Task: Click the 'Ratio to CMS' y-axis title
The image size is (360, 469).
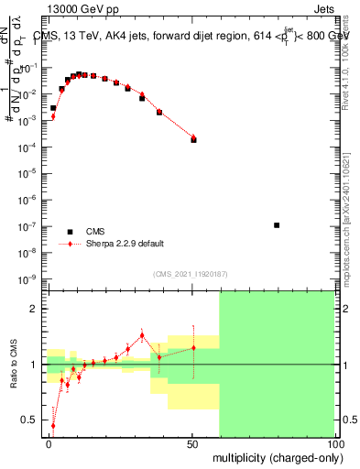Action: pyautogui.click(x=14, y=364)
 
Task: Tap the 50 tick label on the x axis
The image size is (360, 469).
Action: pyautogui.click(x=193, y=444)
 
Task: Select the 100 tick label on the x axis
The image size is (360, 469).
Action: pyautogui.click(x=335, y=444)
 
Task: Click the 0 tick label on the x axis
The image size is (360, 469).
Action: pyautogui.click(x=49, y=444)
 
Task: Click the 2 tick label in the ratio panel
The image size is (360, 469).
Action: pyautogui.click(x=36, y=309)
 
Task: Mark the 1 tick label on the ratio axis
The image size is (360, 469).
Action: pyautogui.click(x=36, y=365)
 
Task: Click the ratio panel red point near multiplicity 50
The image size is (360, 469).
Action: pyautogui.click(x=193, y=347)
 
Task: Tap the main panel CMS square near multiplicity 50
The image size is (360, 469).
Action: pyautogui.click(x=193, y=140)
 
